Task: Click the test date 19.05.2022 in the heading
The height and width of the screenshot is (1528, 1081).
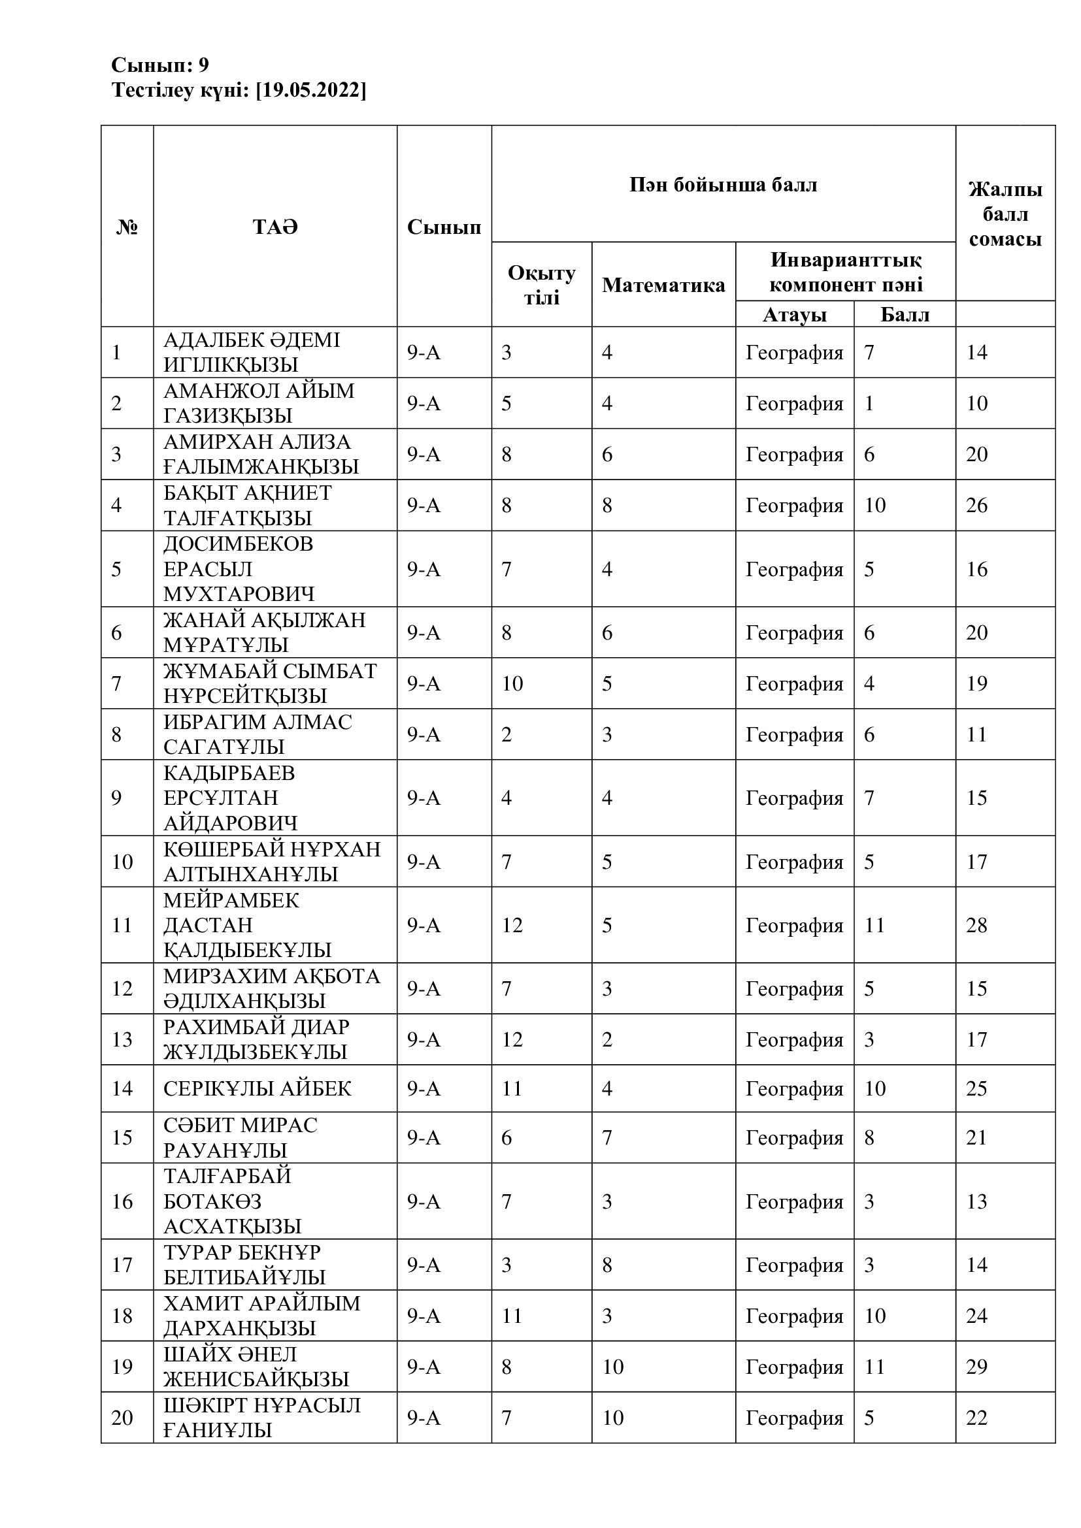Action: [311, 91]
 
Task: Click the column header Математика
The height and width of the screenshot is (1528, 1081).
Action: [663, 285]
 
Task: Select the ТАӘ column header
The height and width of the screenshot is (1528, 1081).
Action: [275, 227]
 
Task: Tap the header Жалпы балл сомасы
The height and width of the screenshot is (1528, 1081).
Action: [1005, 214]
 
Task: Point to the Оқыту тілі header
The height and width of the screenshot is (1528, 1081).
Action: [541, 285]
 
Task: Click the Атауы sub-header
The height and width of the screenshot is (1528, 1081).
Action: [794, 314]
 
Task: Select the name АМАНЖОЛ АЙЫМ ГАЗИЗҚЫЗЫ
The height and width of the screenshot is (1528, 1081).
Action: [259, 402]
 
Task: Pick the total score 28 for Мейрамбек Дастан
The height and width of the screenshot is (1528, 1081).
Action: [976, 925]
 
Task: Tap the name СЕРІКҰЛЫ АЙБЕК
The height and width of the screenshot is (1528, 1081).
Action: [257, 1088]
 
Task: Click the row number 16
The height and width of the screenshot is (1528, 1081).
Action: [122, 1201]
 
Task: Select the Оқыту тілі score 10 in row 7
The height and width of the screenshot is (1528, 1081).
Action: [512, 683]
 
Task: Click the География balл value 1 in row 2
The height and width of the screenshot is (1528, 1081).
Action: [869, 403]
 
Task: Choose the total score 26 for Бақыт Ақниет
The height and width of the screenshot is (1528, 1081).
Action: [976, 505]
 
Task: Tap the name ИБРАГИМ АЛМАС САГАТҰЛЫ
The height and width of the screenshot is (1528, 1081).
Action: [258, 734]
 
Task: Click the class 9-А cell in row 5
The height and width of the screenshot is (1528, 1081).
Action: [424, 569]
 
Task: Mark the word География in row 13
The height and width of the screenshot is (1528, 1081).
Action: [794, 1039]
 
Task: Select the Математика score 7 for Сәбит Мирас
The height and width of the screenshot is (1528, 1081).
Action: [607, 1137]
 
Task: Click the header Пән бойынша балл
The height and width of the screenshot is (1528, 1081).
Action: [723, 184]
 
